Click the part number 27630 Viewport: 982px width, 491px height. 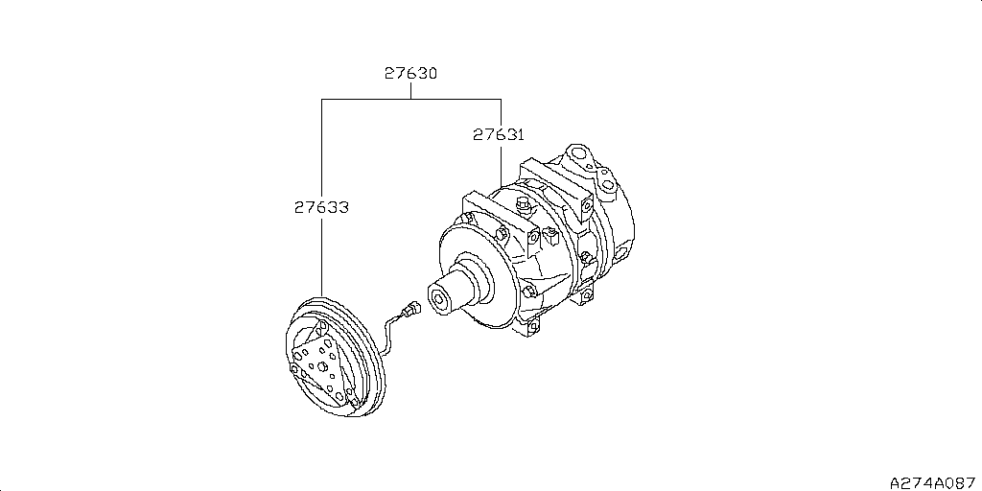[411, 73]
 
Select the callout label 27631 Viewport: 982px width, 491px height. [498, 135]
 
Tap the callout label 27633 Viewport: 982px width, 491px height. [320, 206]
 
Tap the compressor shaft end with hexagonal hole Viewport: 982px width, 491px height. [442, 297]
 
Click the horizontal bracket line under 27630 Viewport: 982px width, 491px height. [411, 99]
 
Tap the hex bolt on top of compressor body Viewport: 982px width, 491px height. [524, 206]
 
